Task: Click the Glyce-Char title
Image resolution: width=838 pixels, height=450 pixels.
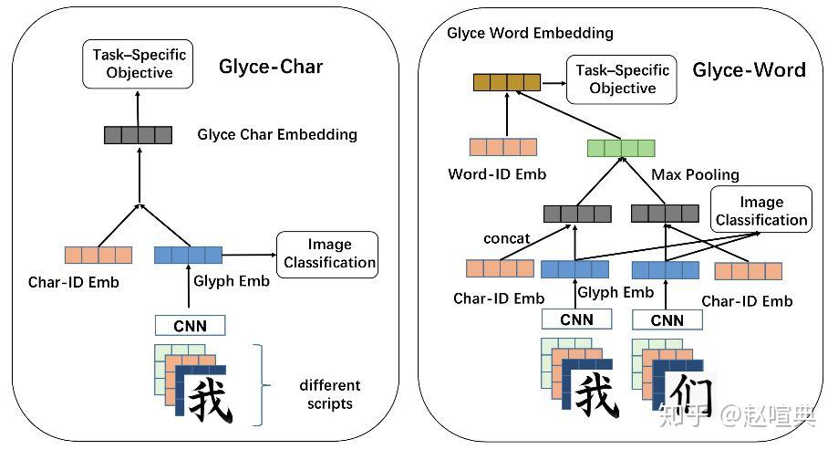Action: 270,66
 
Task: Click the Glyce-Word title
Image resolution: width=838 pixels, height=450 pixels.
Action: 749,69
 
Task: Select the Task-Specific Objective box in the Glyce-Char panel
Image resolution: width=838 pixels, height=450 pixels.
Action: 138,64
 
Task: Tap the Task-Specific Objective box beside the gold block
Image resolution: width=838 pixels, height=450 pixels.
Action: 622,79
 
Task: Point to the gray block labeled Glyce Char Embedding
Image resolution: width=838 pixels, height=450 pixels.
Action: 138,135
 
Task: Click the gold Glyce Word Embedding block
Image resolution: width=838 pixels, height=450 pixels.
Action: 506,83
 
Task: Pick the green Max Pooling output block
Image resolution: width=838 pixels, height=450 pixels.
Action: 621,149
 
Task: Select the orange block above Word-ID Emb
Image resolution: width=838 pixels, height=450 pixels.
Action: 502,147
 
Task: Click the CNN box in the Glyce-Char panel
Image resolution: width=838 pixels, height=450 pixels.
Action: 190,324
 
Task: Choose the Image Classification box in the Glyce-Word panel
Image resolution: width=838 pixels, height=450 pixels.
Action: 760,211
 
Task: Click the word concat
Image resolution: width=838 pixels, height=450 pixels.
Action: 507,238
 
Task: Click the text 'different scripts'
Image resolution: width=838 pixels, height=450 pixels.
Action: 329,394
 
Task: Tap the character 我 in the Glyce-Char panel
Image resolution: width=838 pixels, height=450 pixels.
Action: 209,398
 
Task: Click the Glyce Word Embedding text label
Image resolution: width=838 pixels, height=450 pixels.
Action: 530,33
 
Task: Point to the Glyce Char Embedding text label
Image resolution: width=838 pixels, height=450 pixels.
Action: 277,135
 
